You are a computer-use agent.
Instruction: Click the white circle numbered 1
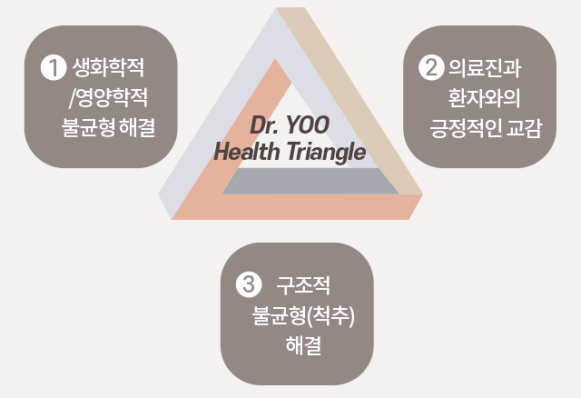pos(54,67)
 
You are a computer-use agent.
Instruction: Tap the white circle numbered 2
pos(431,67)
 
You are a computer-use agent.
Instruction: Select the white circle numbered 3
pos(249,284)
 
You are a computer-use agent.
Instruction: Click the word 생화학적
pos(108,67)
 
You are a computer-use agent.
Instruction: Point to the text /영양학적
pos(108,97)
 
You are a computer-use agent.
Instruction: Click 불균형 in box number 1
pos(88,127)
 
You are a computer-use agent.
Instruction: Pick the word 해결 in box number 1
pos(137,127)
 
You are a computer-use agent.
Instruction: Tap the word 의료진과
pos(485,67)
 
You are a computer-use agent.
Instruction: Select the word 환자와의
pos(484,97)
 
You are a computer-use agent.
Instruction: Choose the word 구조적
pos(303,284)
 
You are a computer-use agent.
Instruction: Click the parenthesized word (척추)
pos(330,315)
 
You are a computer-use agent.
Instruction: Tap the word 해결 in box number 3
pos(303,345)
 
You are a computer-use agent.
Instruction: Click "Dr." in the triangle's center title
pos(264,125)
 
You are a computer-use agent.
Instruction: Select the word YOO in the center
pos(307,125)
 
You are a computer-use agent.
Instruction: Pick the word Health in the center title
pos(247,152)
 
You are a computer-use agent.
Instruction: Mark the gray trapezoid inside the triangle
pos(310,181)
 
